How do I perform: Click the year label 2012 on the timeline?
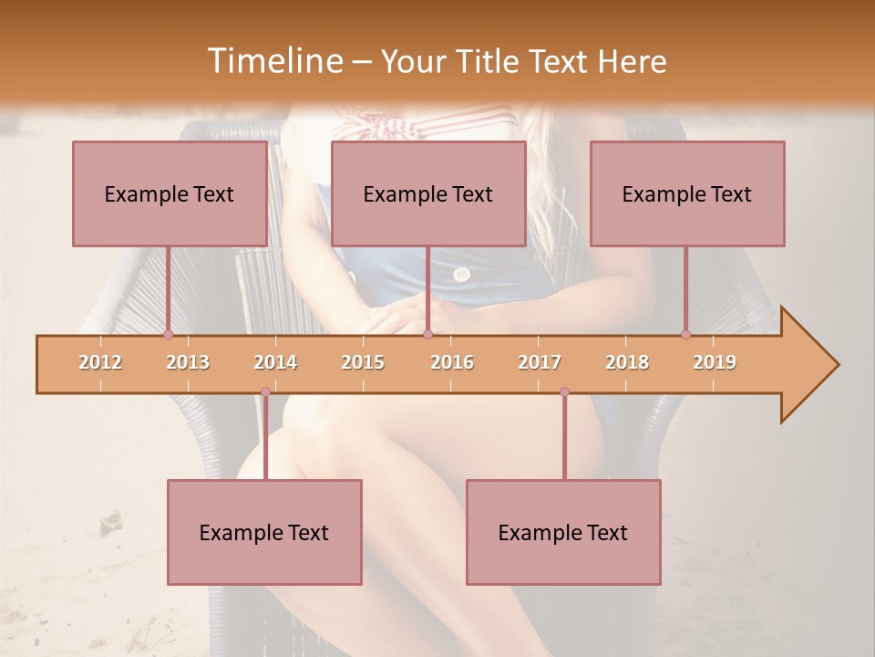click(100, 362)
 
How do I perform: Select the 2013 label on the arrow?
click(188, 362)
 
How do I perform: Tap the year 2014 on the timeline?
click(275, 362)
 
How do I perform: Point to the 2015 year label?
click(363, 362)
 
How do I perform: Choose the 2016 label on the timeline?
click(452, 362)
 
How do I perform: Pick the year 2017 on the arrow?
click(540, 362)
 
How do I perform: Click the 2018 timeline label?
click(627, 362)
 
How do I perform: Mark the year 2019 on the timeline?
click(715, 362)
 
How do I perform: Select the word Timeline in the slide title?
click(273, 61)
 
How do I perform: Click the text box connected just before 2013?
click(170, 193)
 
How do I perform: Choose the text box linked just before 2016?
click(428, 193)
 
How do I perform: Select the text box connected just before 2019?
click(687, 193)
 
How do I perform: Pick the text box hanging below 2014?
click(264, 532)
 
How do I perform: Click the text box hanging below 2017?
click(563, 532)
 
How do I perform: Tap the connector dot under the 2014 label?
click(265, 392)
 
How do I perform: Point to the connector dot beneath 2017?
click(564, 392)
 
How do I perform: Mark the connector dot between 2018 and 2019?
click(685, 334)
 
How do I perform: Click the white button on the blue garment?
click(462, 274)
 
